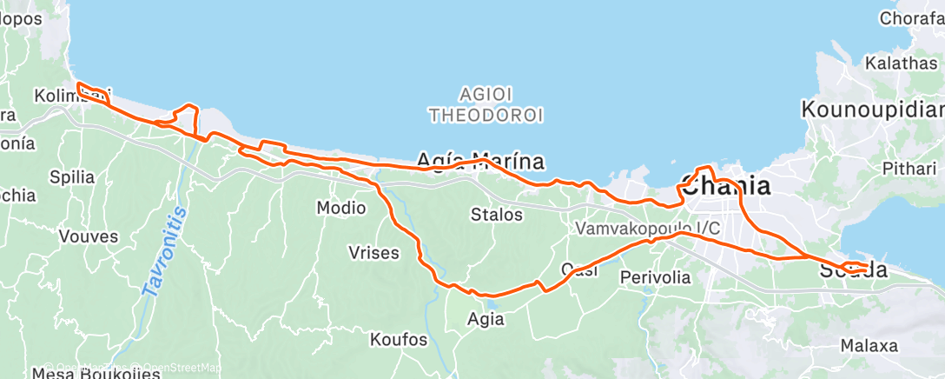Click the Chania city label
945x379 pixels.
725,186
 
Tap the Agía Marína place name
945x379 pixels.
480,161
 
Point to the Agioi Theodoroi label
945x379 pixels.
486,103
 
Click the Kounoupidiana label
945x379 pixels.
872,110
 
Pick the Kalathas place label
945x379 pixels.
901,63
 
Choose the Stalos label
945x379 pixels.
497,214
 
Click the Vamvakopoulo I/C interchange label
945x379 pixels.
647,229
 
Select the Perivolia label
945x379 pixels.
656,278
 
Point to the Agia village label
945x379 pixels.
485,319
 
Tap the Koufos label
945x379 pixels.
399,339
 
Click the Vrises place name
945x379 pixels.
373,254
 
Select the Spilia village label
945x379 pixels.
71,177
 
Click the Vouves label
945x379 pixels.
84,236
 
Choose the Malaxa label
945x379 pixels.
869,345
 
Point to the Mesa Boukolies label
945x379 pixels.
96,374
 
